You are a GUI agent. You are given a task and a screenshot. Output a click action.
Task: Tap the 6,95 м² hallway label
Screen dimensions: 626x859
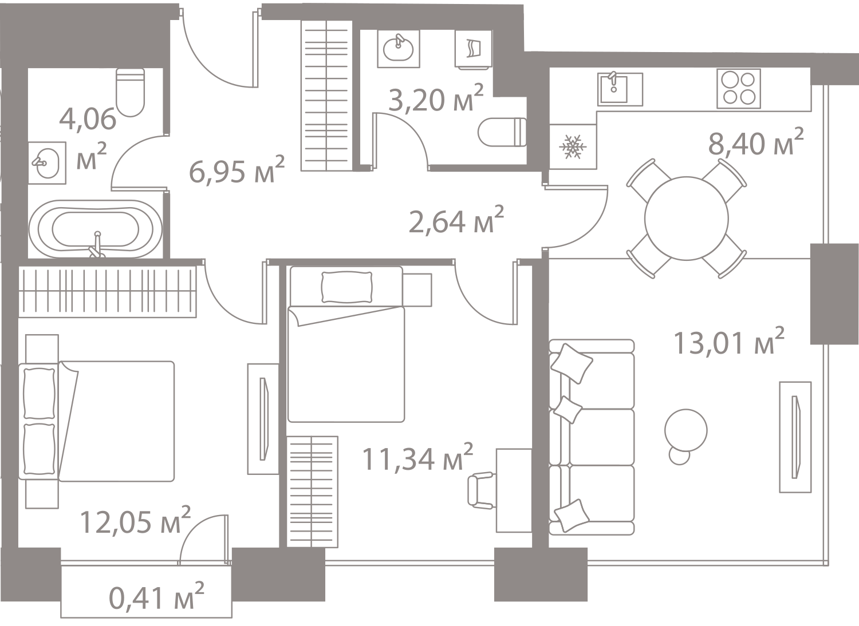pos(237,170)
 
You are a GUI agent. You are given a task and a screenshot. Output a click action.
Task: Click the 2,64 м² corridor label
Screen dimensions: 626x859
pos(456,221)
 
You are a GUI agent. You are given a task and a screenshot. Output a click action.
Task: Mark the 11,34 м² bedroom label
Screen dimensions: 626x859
pos(418,459)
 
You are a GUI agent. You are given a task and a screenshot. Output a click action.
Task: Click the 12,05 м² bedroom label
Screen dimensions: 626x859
pos(135,522)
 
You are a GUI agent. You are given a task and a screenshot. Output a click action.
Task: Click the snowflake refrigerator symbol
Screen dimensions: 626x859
pos(573,147)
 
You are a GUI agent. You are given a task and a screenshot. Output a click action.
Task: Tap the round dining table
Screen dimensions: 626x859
pos(686,217)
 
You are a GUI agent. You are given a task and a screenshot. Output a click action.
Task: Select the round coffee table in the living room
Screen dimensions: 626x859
pos(686,428)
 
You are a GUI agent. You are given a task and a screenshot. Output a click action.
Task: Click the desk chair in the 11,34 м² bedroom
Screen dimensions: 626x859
pos(480,490)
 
